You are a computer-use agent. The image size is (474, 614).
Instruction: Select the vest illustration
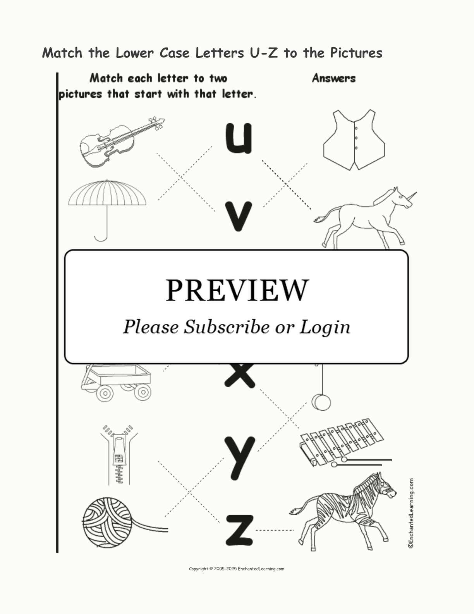pos(354,140)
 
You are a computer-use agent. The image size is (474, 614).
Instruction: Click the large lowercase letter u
pos(239,138)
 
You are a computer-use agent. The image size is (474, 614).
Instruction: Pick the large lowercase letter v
pos(239,216)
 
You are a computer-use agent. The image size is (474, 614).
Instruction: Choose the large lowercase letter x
pos(240,376)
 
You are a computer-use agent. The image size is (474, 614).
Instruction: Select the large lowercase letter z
pos(239,530)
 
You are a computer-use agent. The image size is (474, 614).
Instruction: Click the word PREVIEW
pos(237,290)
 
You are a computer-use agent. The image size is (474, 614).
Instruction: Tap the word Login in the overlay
pos(325,328)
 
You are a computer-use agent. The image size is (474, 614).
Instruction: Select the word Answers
pos(334,78)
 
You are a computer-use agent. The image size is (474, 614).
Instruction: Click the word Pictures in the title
pos(356,53)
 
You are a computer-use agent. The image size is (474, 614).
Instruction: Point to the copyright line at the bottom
pos(237,569)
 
